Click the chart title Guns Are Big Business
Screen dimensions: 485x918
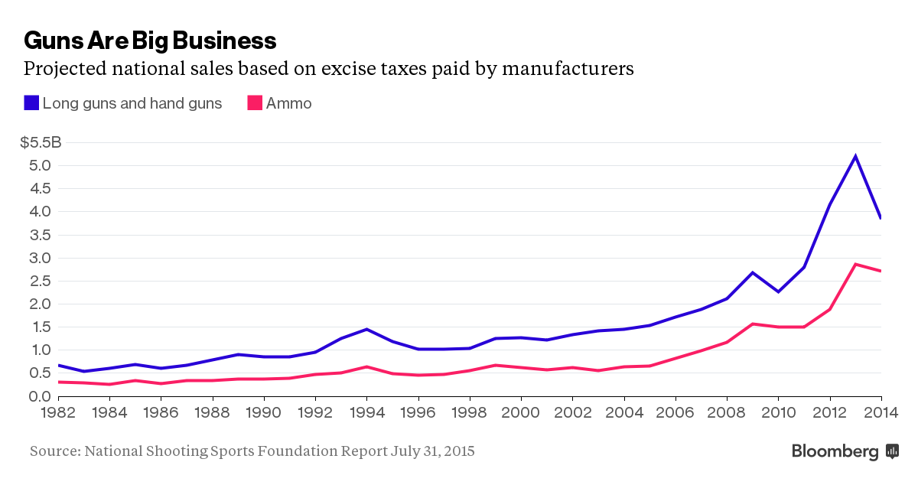coord(150,40)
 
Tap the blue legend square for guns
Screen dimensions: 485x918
coord(31,103)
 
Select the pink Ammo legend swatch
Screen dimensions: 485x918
coord(254,103)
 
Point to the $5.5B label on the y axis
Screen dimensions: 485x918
coord(40,142)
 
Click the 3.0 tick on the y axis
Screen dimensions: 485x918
coord(40,258)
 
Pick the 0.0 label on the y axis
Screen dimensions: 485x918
coord(40,396)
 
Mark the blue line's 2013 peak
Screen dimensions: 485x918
coord(855,156)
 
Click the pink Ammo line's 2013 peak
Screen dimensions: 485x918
coord(855,264)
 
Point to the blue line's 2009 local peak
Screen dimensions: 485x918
coord(753,272)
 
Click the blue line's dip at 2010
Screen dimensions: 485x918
coord(778,291)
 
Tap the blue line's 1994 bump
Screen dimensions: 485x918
coord(367,329)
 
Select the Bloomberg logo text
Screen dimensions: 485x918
coord(835,451)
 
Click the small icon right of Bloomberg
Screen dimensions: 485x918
coord(892,451)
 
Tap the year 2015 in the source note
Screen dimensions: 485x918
coord(458,451)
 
